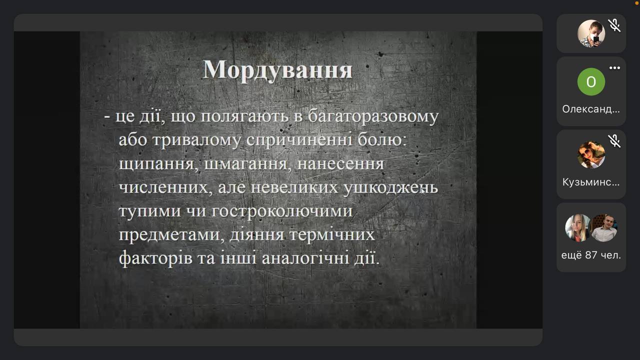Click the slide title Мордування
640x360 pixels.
(x=277, y=70)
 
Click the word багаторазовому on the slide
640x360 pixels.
(x=373, y=117)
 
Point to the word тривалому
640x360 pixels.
(x=196, y=141)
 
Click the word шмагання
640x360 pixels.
(x=248, y=164)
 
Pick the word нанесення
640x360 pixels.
(x=340, y=164)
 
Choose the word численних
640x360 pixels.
(x=165, y=188)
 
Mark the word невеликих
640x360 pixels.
(x=294, y=187)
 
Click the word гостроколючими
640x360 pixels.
(x=282, y=211)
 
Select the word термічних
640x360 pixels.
(x=331, y=235)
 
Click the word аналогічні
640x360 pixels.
(x=305, y=258)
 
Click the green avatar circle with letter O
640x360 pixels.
(x=591, y=81)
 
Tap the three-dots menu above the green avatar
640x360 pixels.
(x=614, y=67)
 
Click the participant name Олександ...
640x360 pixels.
(x=591, y=109)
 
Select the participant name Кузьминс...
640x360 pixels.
(x=591, y=182)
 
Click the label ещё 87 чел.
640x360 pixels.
(x=591, y=255)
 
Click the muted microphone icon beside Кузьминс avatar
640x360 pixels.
(x=614, y=141)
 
